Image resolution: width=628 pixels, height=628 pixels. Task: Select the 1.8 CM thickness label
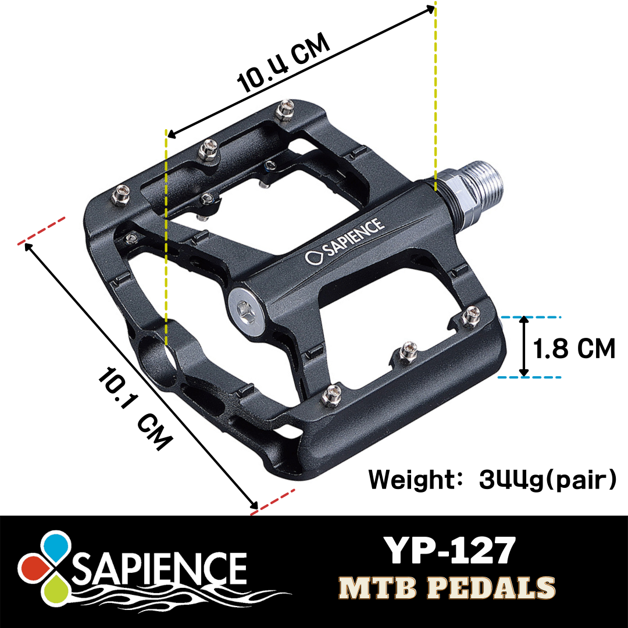point(574,349)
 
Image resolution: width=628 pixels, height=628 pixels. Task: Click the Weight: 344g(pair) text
point(492,480)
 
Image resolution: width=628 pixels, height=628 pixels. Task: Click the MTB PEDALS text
point(447,587)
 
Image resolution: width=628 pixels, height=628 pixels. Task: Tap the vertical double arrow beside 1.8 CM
point(524,347)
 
